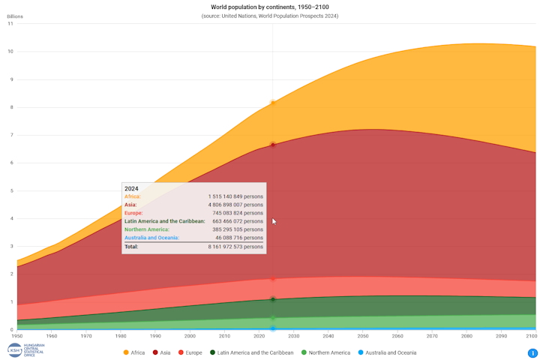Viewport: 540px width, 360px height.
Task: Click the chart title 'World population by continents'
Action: pyautogui.click(x=269, y=7)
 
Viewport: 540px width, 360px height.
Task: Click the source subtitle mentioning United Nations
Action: pyautogui.click(x=269, y=16)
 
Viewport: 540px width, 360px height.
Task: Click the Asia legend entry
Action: pyautogui.click(x=161, y=352)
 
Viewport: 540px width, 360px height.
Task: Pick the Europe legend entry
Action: pyautogui.click(x=190, y=352)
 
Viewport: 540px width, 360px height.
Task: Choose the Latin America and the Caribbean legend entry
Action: pyautogui.click(x=251, y=352)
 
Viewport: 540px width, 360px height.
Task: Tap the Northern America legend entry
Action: pyautogui.click(x=325, y=352)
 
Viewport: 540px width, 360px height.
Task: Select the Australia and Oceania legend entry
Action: pyautogui.click(x=386, y=352)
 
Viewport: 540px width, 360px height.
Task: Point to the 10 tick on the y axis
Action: pyautogui.click(x=10, y=52)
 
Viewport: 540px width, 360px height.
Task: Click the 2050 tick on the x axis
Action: pyautogui.click(x=363, y=336)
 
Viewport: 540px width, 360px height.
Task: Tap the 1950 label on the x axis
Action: pyautogui.click(x=16, y=336)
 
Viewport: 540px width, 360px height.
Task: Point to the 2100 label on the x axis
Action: pyautogui.click(x=529, y=336)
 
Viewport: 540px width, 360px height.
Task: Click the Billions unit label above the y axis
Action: pyautogui.click(x=15, y=16)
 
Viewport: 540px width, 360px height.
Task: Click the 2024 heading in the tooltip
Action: pyautogui.click(x=131, y=189)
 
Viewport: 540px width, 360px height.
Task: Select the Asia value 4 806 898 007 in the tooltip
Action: pyautogui.click(x=235, y=205)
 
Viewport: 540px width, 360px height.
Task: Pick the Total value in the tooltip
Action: pyautogui.click(x=235, y=247)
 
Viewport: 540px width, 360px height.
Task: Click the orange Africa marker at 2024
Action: pyautogui.click(x=273, y=103)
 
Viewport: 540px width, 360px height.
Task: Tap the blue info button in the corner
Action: pyautogui.click(x=532, y=353)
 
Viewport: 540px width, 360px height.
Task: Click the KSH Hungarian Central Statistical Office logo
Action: pyautogui.click(x=25, y=350)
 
